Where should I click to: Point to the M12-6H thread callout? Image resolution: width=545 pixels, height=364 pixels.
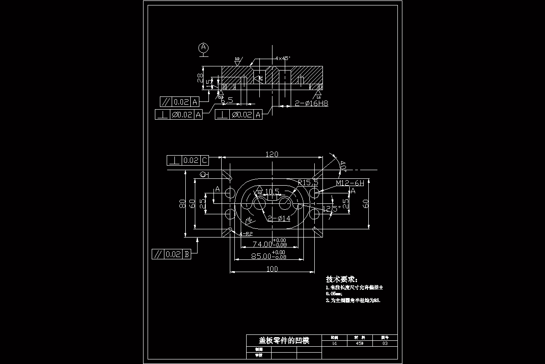pos(350,183)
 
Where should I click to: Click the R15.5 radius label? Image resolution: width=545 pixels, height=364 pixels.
pos(307,182)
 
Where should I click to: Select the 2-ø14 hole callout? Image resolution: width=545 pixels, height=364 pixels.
pos(278,219)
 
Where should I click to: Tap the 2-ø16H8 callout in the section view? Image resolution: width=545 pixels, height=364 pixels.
pos(312,103)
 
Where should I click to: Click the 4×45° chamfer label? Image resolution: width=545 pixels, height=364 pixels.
pos(282,58)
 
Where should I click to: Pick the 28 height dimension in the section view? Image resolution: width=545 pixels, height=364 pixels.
pos(200,77)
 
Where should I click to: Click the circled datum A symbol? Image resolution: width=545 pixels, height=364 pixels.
pos(203,47)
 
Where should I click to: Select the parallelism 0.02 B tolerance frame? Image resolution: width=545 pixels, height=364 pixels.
pos(171,254)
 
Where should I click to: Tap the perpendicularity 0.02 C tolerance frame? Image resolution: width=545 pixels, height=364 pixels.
pos(188,160)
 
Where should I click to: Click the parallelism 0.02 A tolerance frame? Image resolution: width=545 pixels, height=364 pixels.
pos(180,101)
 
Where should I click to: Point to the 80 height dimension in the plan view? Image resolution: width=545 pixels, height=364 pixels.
pos(182,203)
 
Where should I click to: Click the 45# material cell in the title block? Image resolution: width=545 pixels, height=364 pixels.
pos(360,344)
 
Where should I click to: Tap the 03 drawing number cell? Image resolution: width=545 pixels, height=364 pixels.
pos(385,344)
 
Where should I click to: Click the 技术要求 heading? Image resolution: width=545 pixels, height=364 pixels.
pos(342,279)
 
